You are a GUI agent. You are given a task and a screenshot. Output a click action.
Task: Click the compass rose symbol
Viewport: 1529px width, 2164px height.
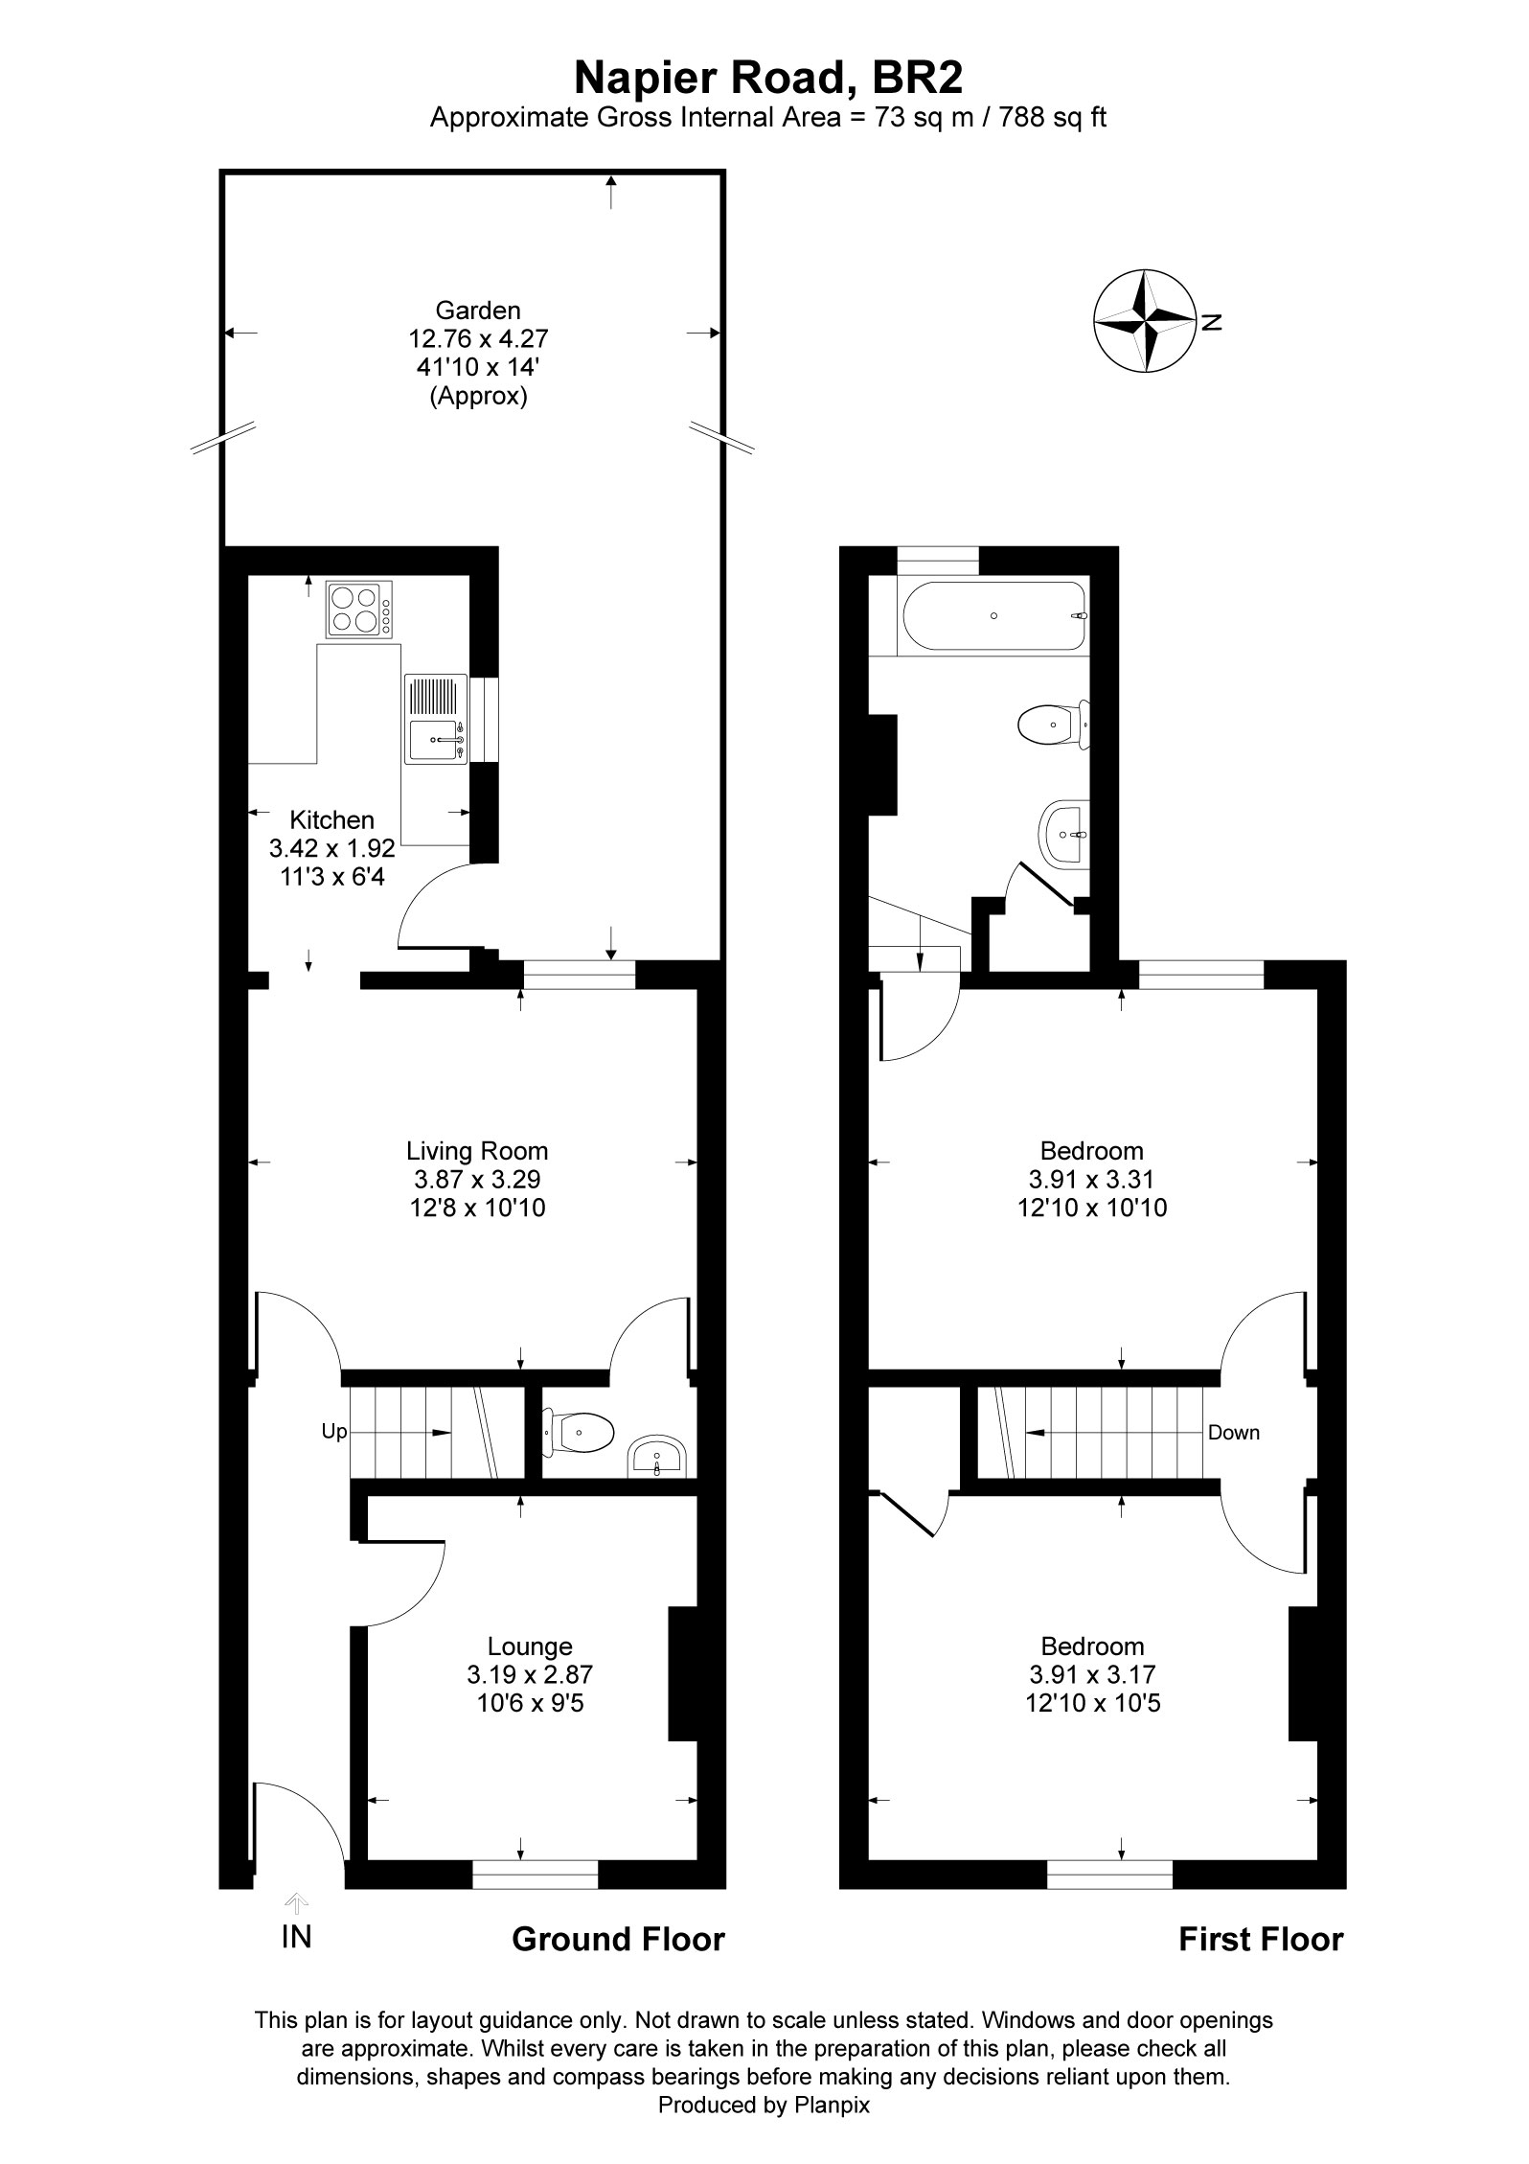pyautogui.click(x=1145, y=321)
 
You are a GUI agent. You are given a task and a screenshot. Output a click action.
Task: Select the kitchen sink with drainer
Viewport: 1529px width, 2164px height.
pyautogui.click(x=436, y=719)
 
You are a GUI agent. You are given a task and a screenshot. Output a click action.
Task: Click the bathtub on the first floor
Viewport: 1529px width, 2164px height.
pyautogui.click(x=993, y=615)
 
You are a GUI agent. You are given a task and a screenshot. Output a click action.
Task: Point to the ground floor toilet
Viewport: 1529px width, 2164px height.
pyautogui.click(x=577, y=1435)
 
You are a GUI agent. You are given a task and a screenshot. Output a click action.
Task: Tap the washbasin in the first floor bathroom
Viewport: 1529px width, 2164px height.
pyautogui.click(x=1063, y=834)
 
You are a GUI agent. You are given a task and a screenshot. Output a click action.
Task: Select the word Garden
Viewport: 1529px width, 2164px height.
pyautogui.click(x=478, y=311)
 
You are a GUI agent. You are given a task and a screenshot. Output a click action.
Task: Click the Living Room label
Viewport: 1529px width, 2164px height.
pyautogui.click(x=477, y=1151)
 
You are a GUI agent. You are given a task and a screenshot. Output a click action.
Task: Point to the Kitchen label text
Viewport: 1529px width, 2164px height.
pyautogui.click(x=331, y=820)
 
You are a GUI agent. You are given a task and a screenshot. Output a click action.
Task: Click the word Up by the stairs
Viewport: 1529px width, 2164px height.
pyautogui.click(x=333, y=1432)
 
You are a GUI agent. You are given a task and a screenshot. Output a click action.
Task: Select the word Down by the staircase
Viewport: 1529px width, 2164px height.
pyautogui.click(x=1234, y=1433)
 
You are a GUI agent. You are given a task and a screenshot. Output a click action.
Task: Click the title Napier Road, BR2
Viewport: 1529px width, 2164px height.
pyautogui.click(x=767, y=78)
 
